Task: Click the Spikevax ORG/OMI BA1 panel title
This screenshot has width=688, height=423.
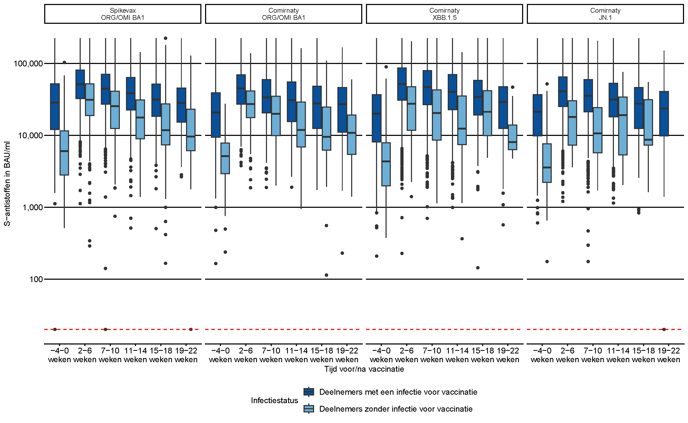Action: click(x=123, y=14)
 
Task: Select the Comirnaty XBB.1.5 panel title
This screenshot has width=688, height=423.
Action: click(x=444, y=14)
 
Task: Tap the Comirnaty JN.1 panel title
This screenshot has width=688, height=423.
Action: click(x=605, y=14)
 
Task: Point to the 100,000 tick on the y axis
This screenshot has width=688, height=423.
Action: click(x=28, y=64)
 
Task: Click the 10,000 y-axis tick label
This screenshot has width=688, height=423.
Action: click(x=30, y=136)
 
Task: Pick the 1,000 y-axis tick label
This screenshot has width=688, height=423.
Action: click(x=32, y=208)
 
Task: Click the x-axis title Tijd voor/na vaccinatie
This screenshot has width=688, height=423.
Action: click(x=364, y=369)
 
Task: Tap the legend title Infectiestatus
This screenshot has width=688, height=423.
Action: click(x=274, y=401)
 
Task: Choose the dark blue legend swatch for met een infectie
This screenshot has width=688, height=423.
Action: click(x=309, y=392)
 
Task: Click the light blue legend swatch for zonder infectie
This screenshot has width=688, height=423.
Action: click(x=309, y=409)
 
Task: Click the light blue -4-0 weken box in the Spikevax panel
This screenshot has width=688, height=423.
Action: click(x=64, y=153)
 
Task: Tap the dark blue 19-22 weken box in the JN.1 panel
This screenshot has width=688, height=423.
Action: click(x=664, y=114)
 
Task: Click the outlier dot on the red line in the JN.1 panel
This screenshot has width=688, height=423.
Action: click(x=664, y=330)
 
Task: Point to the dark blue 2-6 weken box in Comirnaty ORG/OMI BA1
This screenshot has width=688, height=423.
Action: click(x=241, y=90)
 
